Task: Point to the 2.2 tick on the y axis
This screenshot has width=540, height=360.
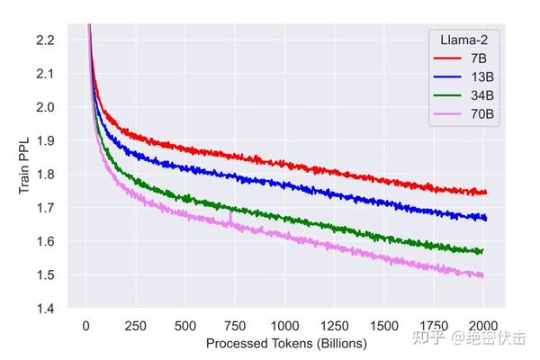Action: tap(45, 40)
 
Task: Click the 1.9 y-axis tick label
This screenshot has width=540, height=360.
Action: tap(45, 140)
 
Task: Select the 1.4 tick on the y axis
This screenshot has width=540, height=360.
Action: tap(45, 309)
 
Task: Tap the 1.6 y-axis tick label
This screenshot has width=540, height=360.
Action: tap(45, 241)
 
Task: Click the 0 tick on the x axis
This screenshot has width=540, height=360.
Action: tap(85, 325)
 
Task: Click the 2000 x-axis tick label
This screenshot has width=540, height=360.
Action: tap(483, 325)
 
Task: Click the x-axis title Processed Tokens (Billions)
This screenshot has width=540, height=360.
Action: tap(286, 343)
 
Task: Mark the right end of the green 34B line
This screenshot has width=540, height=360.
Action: tap(483, 251)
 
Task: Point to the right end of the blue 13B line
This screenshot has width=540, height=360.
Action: tap(486, 218)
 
